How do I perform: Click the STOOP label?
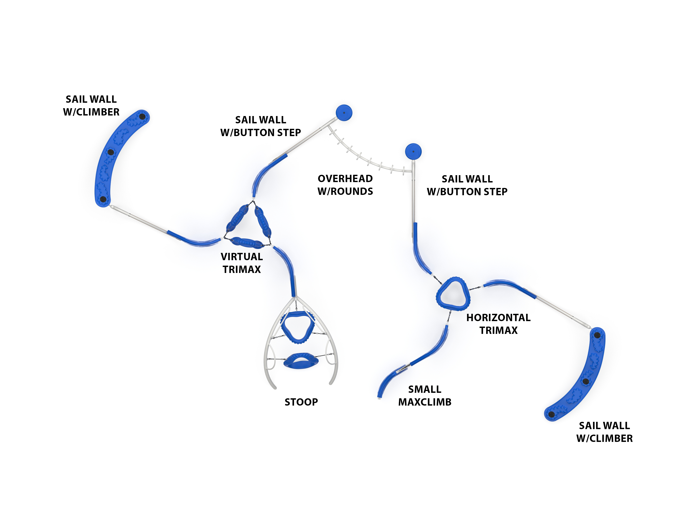[x=301, y=402]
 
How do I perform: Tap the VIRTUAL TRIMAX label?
[x=242, y=263]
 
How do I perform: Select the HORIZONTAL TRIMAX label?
[x=498, y=324]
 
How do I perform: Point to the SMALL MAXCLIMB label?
[x=425, y=396]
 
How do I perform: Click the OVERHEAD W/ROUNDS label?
[x=345, y=185]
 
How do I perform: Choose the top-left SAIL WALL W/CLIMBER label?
[x=91, y=105]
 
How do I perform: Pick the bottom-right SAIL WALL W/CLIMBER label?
[x=604, y=432]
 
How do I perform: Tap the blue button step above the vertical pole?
[x=413, y=151]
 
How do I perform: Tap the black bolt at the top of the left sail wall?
[x=142, y=117]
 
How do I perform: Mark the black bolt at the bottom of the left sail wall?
[x=103, y=199]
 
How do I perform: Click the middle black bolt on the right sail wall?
[x=586, y=381]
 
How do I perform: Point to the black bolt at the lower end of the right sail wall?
[x=551, y=414]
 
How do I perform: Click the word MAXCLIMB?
[x=425, y=402]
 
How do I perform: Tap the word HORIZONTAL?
[x=498, y=318]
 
